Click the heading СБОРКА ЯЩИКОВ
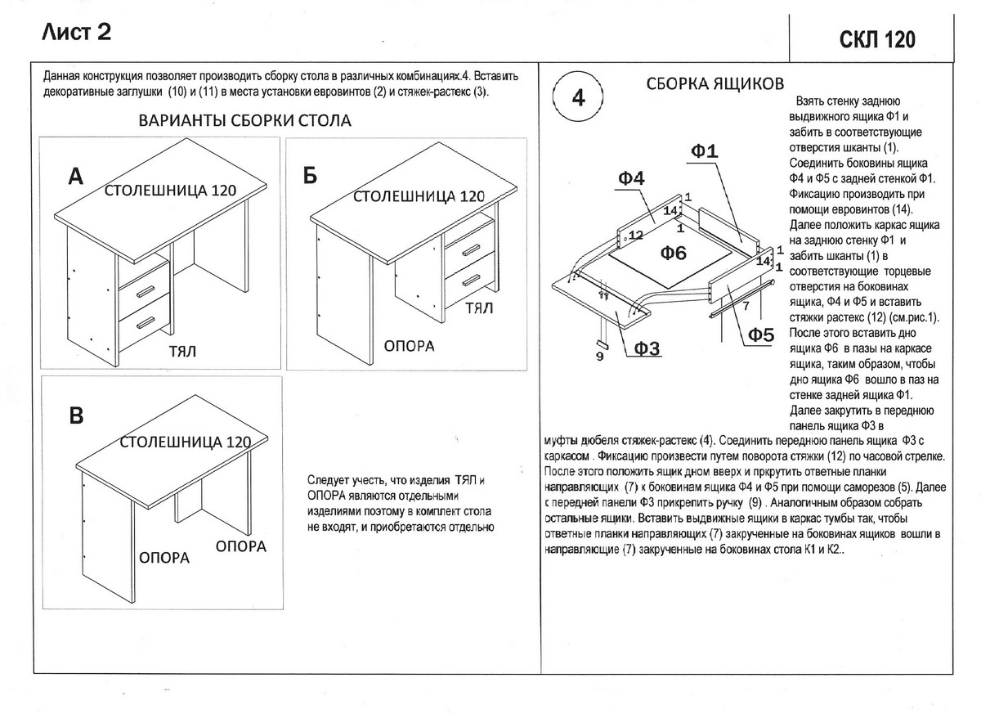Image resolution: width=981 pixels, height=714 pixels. click(x=715, y=84)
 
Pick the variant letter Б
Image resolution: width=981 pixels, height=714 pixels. click(x=309, y=177)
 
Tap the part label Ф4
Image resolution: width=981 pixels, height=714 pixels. click(x=632, y=179)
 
